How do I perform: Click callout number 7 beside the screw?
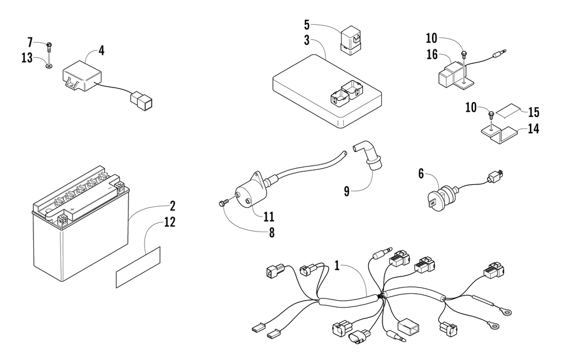31,42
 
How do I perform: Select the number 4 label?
101,51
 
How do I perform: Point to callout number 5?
307,25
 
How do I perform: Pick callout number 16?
431,55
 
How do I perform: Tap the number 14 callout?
533,128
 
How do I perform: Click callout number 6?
421,172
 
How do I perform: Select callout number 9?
347,191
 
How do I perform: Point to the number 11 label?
268,217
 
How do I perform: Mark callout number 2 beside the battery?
172,206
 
